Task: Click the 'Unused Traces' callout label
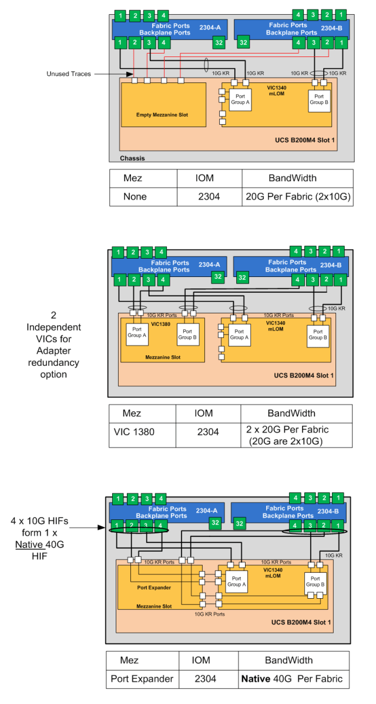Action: pyautogui.click(x=69, y=74)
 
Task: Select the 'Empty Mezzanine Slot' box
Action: pyautogui.click(x=163, y=104)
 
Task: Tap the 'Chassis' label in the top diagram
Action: pyautogui.click(x=132, y=158)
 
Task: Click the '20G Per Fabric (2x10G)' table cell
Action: pyautogui.click(x=298, y=196)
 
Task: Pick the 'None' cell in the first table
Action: pyautogui.click(x=135, y=196)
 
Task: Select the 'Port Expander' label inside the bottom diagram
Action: pyautogui.click(x=155, y=587)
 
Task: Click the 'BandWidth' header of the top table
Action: pyautogui.click(x=292, y=178)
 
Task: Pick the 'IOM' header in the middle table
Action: pyautogui.click(x=203, y=413)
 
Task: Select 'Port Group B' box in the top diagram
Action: pyautogui.click(x=319, y=101)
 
